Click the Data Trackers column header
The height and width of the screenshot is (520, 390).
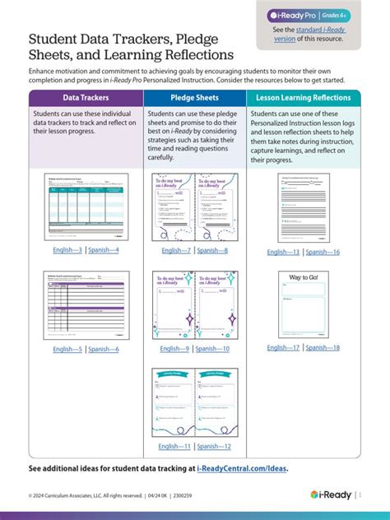tap(86, 98)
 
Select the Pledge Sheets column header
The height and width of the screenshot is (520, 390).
tap(194, 98)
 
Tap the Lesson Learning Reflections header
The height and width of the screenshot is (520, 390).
tap(304, 98)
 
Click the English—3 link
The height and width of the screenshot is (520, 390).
tap(67, 250)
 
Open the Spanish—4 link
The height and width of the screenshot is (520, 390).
tap(104, 250)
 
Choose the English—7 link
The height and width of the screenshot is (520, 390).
tap(176, 250)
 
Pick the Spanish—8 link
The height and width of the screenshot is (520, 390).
tap(213, 250)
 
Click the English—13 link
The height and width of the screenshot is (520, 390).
tap(285, 252)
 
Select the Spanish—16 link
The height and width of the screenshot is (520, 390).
tap(323, 252)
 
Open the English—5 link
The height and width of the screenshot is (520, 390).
tap(67, 349)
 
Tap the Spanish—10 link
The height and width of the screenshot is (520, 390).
tap(213, 349)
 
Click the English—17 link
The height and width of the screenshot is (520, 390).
tap(285, 348)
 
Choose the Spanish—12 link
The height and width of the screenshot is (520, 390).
tap(213, 446)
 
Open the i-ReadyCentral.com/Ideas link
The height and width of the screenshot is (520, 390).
tap(243, 468)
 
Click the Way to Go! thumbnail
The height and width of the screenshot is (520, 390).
tap(304, 304)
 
